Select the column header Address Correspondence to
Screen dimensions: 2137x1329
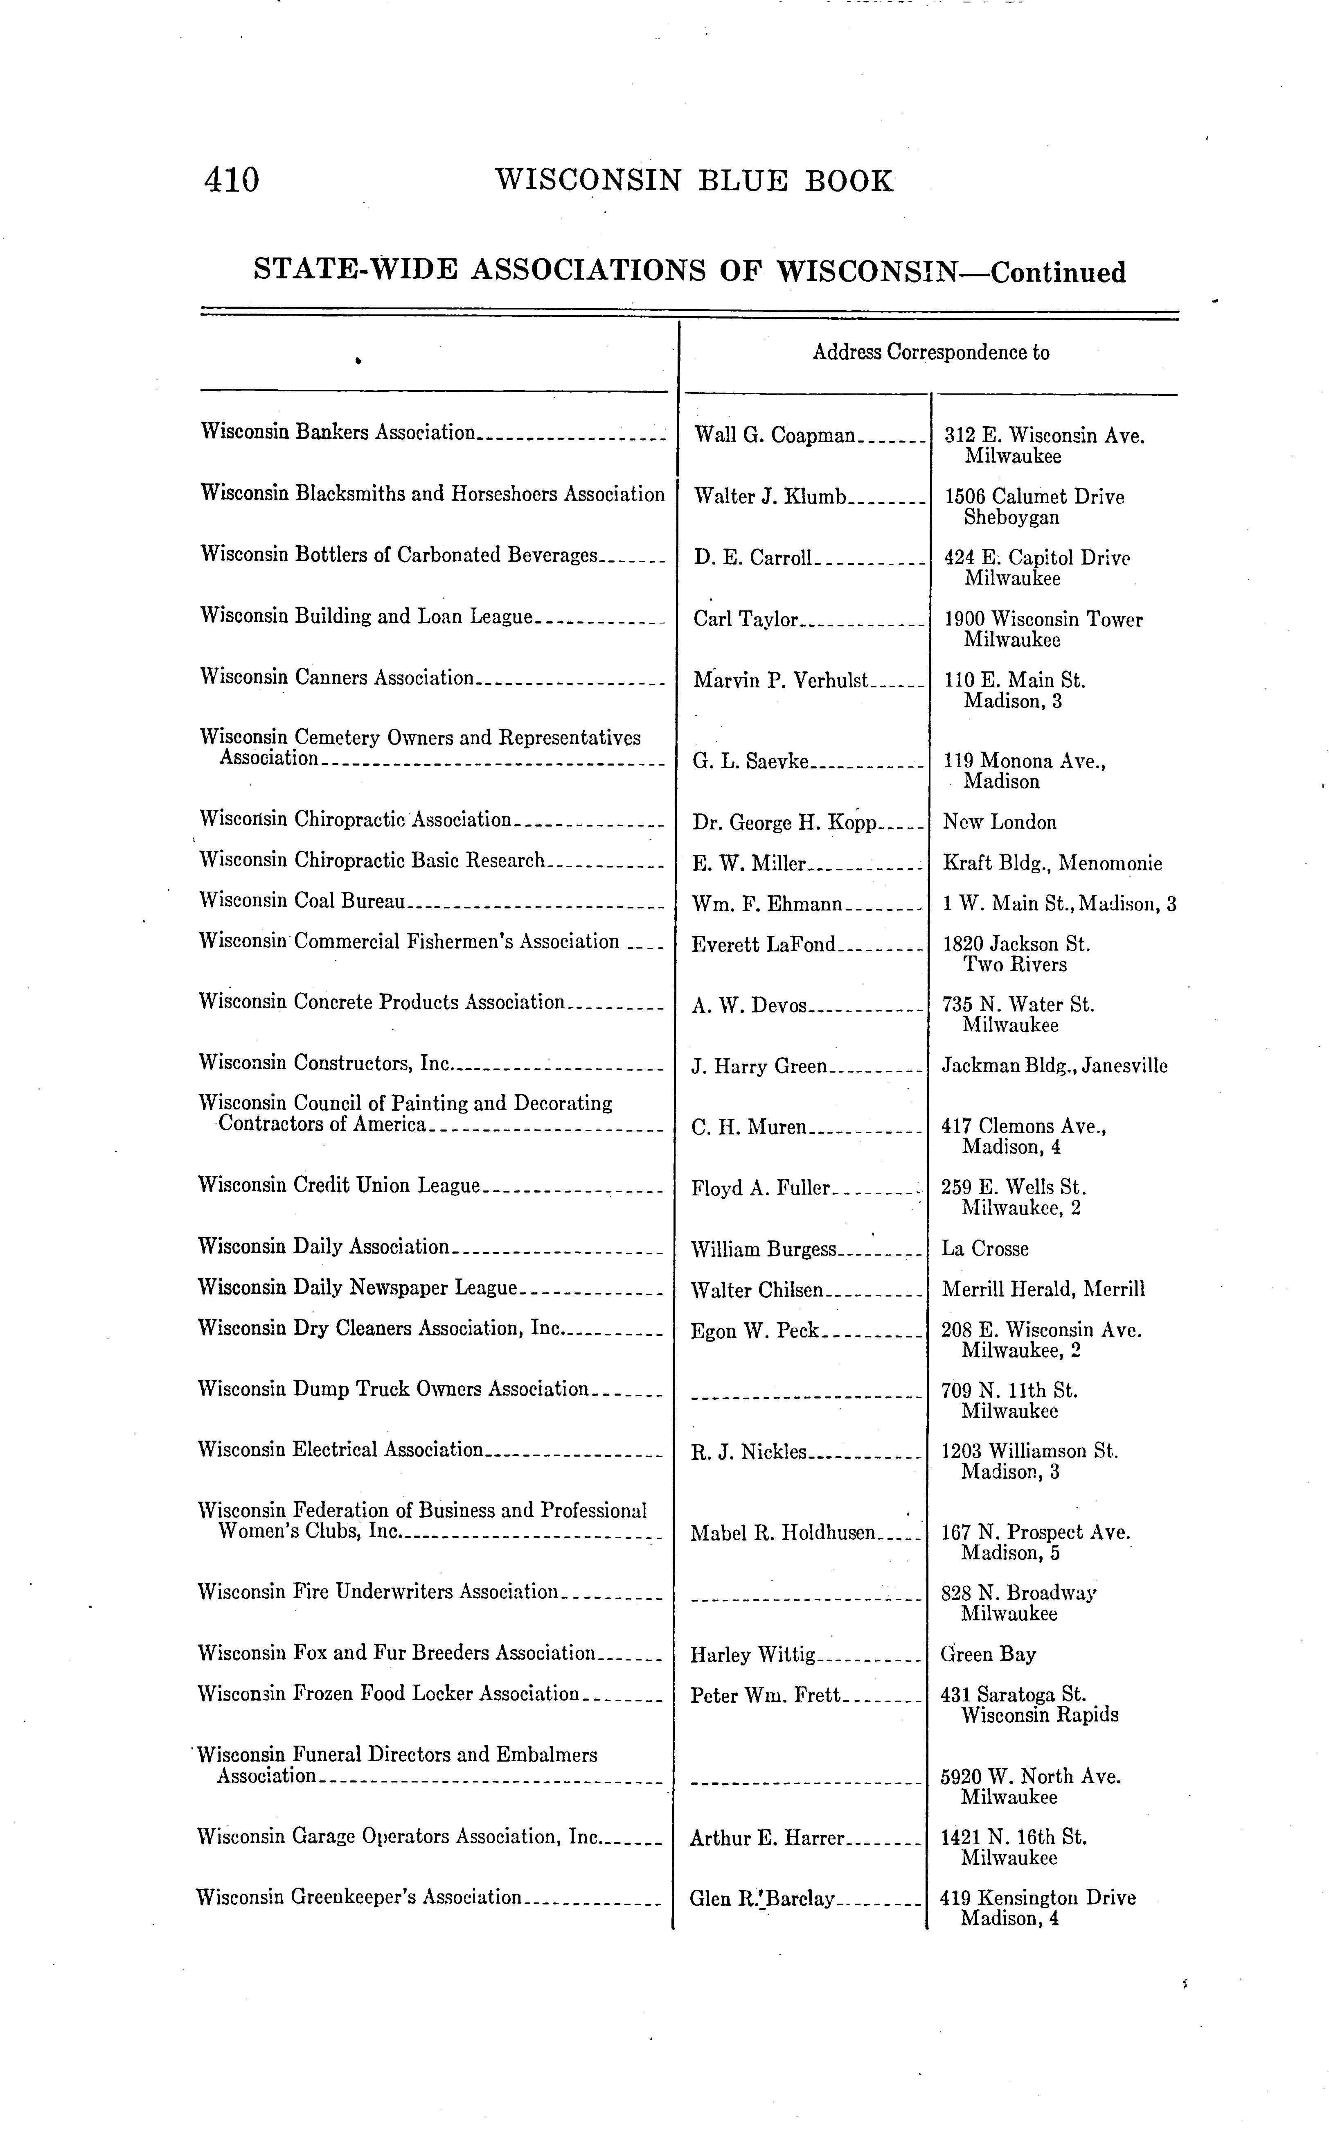pyautogui.click(x=931, y=352)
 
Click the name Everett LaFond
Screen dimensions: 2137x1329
pyautogui.click(x=764, y=944)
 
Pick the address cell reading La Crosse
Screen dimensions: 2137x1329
pyautogui.click(x=984, y=1249)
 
